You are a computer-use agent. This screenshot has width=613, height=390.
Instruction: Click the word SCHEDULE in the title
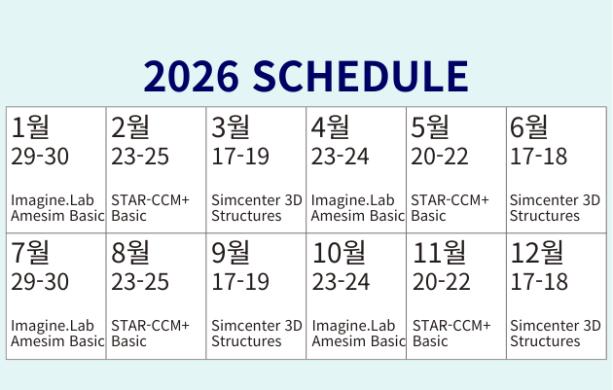[360, 76]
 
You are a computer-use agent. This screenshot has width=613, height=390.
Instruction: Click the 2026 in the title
[191, 76]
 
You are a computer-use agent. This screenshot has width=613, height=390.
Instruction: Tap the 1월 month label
[30, 127]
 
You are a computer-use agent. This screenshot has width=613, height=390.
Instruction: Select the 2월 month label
[130, 127]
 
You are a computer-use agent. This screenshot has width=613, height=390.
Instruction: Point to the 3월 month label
[231, 127]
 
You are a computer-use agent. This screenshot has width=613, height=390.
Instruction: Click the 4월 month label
[330, 127]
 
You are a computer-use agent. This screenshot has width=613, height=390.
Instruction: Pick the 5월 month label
[430, 127]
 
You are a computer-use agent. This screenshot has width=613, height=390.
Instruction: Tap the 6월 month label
[529, 127]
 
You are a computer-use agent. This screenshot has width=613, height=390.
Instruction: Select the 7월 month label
[30, 253]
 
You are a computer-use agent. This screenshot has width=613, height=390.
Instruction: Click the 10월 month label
[339, 253]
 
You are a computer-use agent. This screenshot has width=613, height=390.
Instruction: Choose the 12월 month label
[537, 253]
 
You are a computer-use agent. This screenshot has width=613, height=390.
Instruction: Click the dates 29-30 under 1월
[40, 157]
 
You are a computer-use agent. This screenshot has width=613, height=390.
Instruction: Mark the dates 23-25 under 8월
[140, 282]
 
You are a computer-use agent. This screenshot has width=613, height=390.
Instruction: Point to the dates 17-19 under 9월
[240, 282]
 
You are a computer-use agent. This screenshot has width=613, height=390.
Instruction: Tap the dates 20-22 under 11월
[442, 282]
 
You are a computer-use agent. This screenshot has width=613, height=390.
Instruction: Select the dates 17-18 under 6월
[539, 157]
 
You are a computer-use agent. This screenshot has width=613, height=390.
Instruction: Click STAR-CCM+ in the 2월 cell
[150, 200]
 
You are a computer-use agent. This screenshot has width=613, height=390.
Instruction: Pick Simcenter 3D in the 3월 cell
[257, 200]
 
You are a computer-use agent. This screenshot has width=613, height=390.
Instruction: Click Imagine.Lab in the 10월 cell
[354, 326]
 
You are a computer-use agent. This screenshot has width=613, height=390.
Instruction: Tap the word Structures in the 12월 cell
[545, 341]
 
